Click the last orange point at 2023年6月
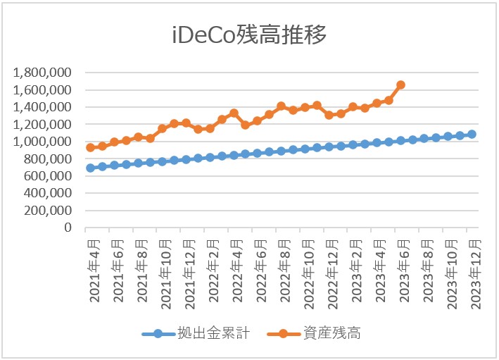400,85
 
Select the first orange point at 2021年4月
90,147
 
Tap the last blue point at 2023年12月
472,134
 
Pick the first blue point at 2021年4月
90,168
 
